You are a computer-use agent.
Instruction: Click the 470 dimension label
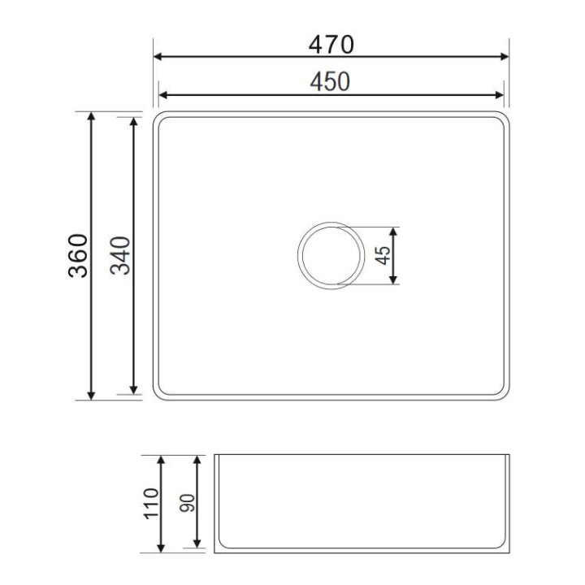(331, 45)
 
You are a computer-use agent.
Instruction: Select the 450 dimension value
(330, 82)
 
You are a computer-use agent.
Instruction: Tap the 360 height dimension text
(78, 256)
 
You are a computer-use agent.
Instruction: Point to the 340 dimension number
(120, 256)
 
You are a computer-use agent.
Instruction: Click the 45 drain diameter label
(383, 256)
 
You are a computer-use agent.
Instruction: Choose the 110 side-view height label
(151, 503)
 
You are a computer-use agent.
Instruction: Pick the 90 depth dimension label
(188, 503)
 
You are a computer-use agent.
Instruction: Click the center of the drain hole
(331, 256)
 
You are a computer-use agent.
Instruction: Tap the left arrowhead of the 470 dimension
(158, 57)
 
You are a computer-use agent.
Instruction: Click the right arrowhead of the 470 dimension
(505, 57)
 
